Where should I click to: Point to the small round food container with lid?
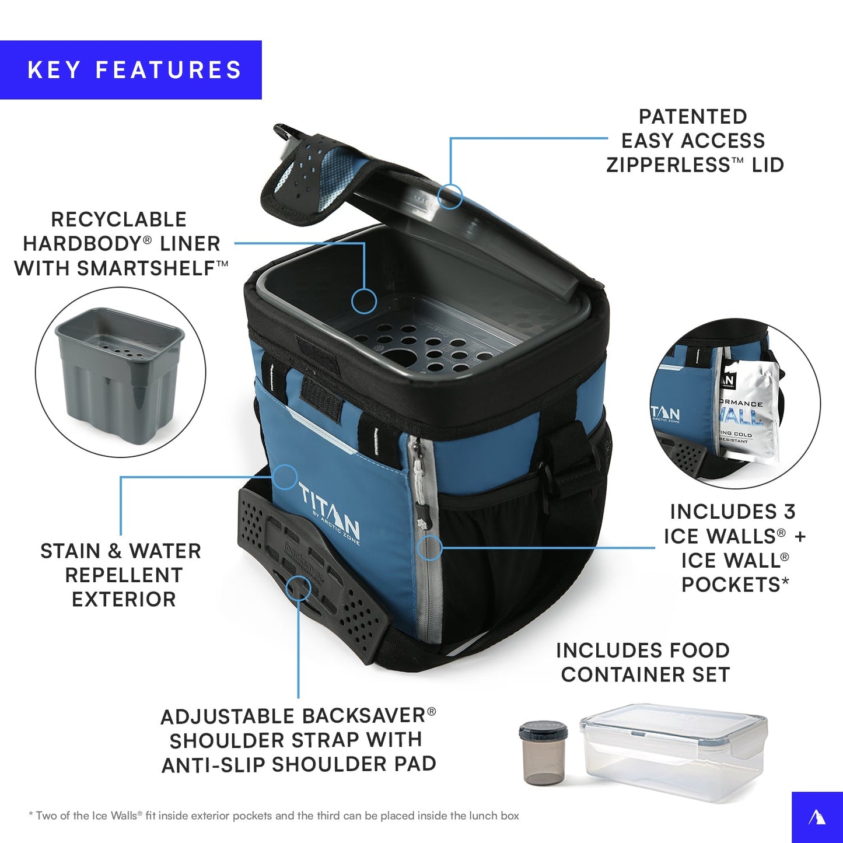[x=543, y=753]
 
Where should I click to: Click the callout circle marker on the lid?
[x=450, y=197]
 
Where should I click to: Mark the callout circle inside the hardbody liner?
[x=364, y=301]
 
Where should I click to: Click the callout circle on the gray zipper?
[x=429, y=548]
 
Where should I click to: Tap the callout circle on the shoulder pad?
[x=298, y=588]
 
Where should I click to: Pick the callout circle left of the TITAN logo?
[x=285, y=477]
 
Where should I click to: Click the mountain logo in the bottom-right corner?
[x=817, y=817]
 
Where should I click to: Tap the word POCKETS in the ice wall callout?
[x=731, y=585]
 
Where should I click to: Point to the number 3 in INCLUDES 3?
[x=789, y=512]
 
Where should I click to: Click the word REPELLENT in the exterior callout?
[x=124, y=575]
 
